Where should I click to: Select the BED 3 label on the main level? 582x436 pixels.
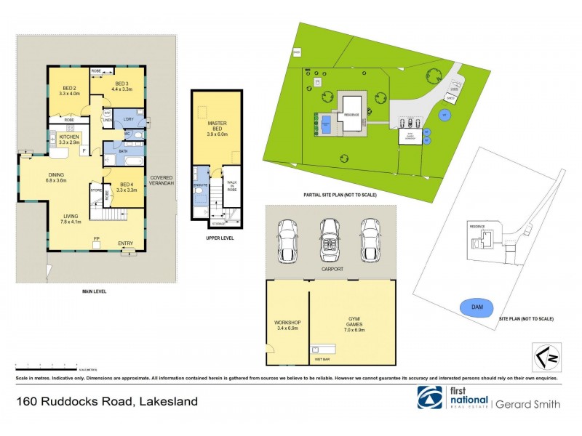121,86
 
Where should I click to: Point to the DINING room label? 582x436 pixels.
56,177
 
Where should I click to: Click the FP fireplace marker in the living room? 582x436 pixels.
95,239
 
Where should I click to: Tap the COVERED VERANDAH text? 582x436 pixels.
162,181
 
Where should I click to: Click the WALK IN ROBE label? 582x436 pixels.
233,191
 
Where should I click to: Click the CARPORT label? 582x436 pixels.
331,269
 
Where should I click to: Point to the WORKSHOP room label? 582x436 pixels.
287,325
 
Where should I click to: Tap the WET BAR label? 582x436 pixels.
319,358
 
